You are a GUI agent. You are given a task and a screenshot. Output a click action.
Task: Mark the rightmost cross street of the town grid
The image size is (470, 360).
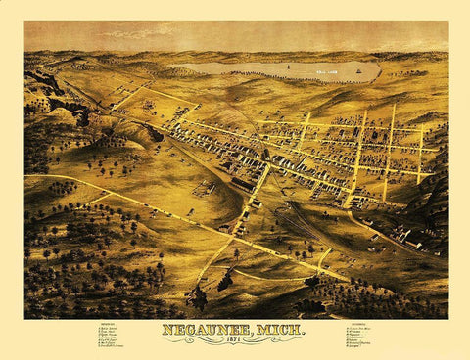(x=421, y=152)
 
